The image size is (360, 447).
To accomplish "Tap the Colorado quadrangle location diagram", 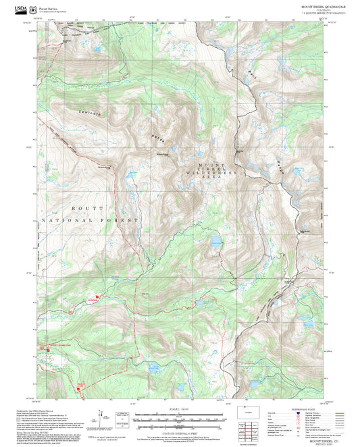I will coord(254,413).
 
